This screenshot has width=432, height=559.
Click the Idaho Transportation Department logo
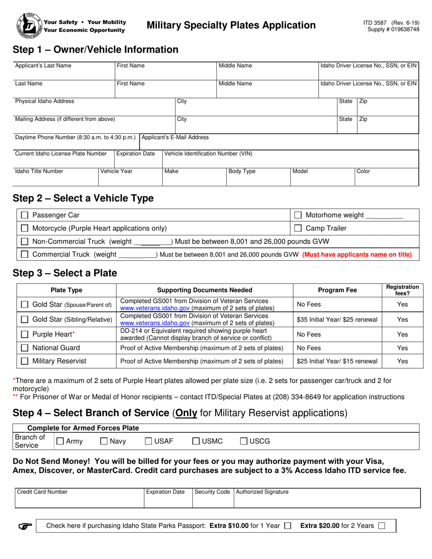[x=28, y=25]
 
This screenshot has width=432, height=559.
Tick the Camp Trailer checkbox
[x=298, y=228]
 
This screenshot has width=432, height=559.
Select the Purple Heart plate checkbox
[x=25, y=334]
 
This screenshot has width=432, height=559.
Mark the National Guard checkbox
[x=25, y=348]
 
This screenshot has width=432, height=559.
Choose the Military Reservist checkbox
[x=25, y=361]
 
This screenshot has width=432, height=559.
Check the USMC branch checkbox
[x=196, y=441]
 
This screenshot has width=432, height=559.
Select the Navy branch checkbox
[x=103, y=441]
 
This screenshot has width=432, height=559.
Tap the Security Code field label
[x=212, y=492]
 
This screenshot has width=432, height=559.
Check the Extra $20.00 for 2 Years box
[x=382, y=526]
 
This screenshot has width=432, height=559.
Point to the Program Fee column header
[x=337, y=290]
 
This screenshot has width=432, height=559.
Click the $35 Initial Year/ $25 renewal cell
[x=337, y=319]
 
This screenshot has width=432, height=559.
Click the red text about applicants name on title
[x=357, y=255]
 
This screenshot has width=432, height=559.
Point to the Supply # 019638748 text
[x=393, y=29]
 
